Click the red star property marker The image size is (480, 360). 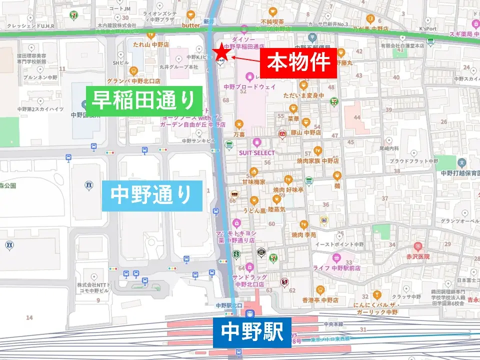click(x=220, y=51)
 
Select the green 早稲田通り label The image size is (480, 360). click(x=144, y=100)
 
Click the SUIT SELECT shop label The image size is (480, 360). click(x=257, y=152)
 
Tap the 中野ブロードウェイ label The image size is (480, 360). click(x=250, y=86)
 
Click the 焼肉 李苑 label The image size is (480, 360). click(x=304, y=234)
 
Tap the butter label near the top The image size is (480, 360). click(x=191, y=25)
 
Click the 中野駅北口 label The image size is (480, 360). click(x=229, y=305)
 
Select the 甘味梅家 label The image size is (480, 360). click(x=253, y=182)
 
